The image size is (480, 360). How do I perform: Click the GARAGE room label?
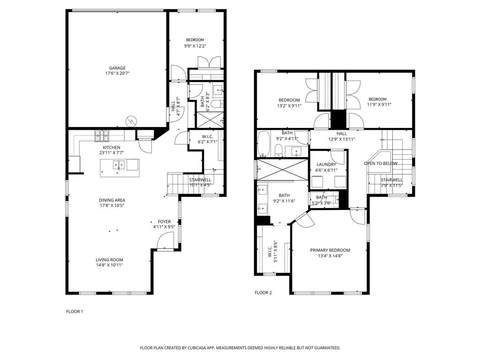pos(117,68)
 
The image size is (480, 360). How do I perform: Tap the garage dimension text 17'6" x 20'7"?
pos(117,74)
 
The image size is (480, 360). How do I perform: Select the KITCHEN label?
pos(112,148)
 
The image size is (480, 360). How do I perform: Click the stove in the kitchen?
pos(102,136)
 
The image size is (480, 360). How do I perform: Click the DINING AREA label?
pos(112,200)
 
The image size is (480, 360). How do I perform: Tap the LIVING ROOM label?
pos(109,260)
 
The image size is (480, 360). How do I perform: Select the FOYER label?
pos(164,222)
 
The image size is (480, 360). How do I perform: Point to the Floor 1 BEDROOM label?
pos(195,40)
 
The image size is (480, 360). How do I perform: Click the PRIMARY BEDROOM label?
pos(330,250)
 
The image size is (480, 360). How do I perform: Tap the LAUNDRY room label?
pos(326,165)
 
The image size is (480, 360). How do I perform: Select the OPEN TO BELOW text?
pos(381,164)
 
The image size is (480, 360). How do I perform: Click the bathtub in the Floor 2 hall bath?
pos(264,143)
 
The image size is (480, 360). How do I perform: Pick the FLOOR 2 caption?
pos(263,292)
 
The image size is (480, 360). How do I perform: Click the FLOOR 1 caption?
pos(74,311)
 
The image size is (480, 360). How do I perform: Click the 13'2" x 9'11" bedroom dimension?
pos(289,105)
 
